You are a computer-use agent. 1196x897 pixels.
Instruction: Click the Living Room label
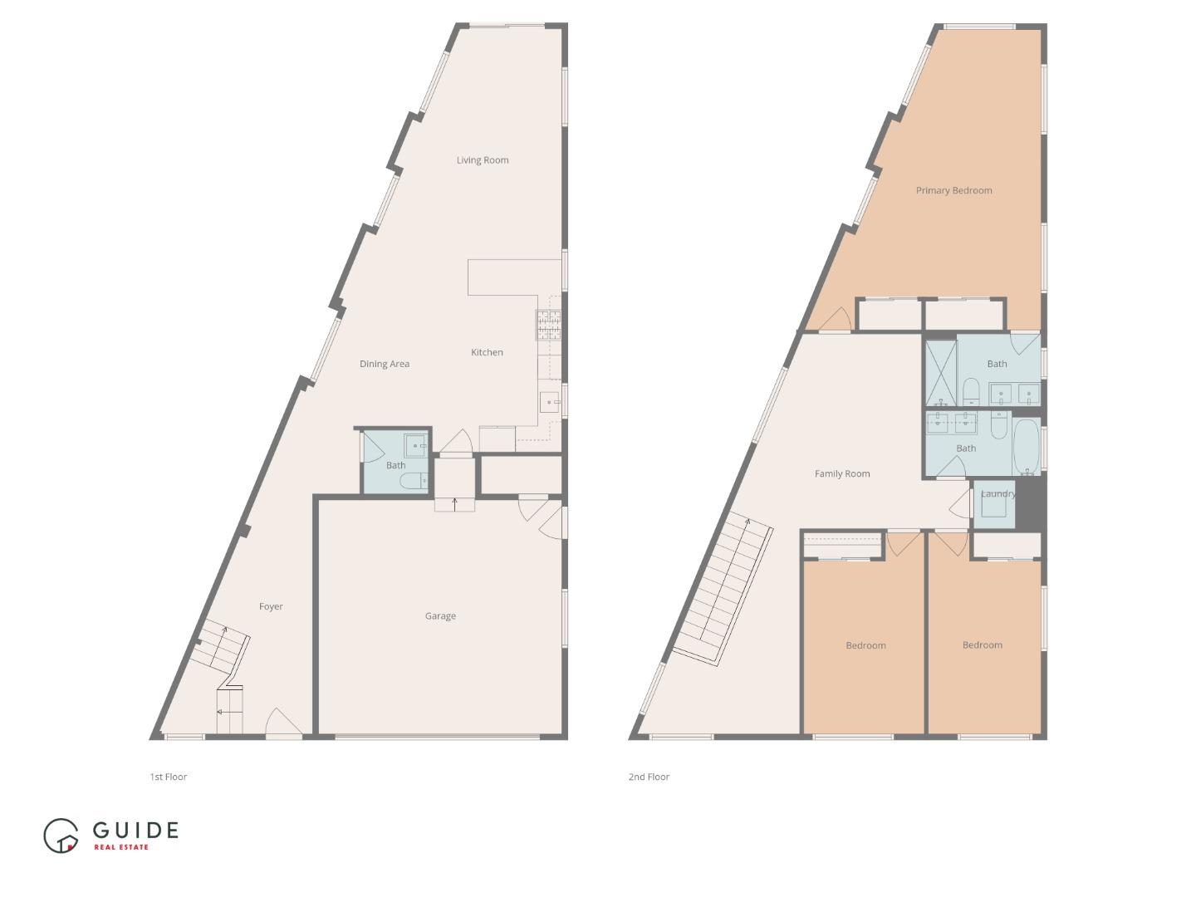point(483,160)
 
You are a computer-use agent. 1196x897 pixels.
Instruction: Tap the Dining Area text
point(385,364)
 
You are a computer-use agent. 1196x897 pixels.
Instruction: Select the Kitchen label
point(487,352)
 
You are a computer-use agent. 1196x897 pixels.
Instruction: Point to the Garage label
point(440,616)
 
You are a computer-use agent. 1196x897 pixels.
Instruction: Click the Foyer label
point(271,606)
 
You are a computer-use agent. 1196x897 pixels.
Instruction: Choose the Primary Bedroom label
point(953,191)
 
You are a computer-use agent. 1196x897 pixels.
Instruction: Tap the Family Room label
point(842,473)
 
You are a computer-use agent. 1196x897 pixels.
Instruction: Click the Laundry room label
point(998,494)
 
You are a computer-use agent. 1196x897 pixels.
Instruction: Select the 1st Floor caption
point(169,777)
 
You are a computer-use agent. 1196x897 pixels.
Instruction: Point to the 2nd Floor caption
point(649,777)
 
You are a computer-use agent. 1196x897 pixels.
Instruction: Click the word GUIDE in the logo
point(135,830)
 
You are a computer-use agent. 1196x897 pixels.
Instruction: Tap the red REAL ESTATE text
point(121,847)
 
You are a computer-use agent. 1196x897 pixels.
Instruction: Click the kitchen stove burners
point(548,325)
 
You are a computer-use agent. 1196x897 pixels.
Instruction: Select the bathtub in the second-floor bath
point(1027,447)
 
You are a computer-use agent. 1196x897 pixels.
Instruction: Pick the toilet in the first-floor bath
point(414,481)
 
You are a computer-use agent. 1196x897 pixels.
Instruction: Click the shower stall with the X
point(941,373)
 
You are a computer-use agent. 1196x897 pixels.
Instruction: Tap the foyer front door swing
point(283,722)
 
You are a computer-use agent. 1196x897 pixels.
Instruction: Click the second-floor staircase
point(723,591)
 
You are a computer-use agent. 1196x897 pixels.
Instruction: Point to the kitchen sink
point(550,402)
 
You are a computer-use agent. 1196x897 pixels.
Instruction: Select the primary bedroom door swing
point(834,319)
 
